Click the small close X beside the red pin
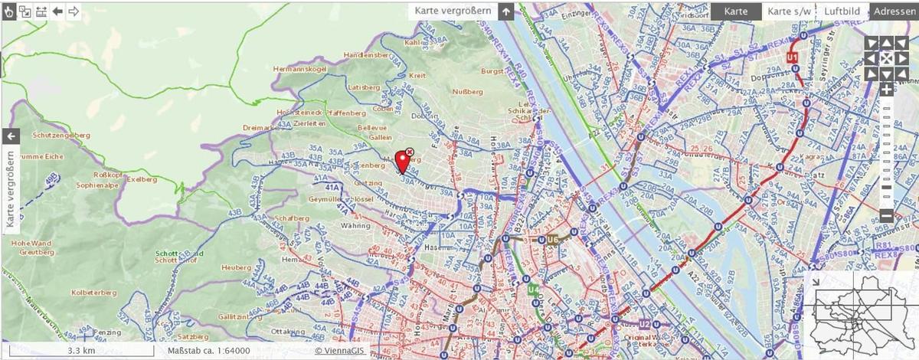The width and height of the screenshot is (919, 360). [410, 152]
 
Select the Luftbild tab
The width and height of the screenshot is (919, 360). [842, 11]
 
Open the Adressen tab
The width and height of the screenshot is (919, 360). [894, 11]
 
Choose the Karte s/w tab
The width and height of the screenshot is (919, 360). [789, 11]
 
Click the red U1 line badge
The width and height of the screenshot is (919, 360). [793, 57]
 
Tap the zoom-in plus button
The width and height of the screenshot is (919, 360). [886, 90]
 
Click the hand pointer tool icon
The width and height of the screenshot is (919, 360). [9, 11]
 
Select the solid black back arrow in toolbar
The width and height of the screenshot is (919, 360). [57, 11]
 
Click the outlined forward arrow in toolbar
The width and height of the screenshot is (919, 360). [74, 11]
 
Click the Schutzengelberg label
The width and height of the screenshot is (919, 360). [62, 135]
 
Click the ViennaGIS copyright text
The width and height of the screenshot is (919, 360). [340, 351]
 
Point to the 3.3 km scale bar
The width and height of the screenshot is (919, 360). [81, 351]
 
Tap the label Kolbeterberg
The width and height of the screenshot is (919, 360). [93, 293]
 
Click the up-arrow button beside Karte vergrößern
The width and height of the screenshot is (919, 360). [505, 11]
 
